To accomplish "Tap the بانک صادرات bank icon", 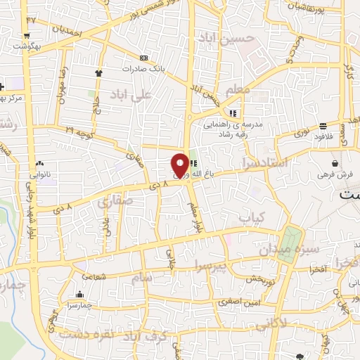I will pos(144,58).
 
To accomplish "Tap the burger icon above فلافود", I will pos(324,127).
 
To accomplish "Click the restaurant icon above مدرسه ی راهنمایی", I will pos(233,113).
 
